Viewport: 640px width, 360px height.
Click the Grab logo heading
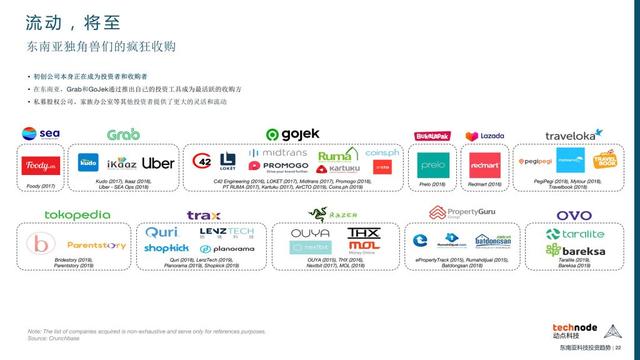click(123, 134)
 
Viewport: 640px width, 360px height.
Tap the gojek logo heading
click(293, 134)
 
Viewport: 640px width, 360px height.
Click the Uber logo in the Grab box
click(159, 162)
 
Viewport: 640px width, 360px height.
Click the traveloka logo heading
click(573, 134)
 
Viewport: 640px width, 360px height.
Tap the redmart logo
click(484, 162)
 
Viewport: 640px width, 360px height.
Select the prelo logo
click(431, 162)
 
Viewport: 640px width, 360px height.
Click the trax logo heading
click(203, 214)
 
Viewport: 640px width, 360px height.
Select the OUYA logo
click(310, 233)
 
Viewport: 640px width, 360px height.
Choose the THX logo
click(361, 233)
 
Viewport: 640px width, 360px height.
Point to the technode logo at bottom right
click(585, 328)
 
